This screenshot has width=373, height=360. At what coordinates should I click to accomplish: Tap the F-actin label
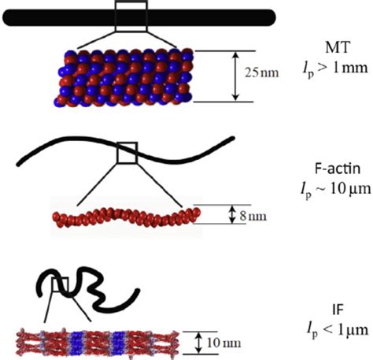pyautogui.click(x=338, y=169)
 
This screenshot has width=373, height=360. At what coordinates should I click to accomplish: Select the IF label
pyautogui.click(x=338, y=310)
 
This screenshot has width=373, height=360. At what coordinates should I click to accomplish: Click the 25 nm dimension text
pyautogui.click(x=262, y=72)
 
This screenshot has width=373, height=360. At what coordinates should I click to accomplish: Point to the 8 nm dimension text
pyautogui.click(x=253, y=216)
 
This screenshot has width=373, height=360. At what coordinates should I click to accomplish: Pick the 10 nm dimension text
pyautogui.click(x=223, y=343)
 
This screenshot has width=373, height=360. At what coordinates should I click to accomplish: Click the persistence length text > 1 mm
pyautogui.click(x=335, y=69)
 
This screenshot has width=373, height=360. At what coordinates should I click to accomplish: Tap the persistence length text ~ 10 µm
pyautogui.click(x=336, y=190)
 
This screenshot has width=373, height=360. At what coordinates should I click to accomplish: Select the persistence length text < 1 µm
pyautogui.click(x=338, y=330)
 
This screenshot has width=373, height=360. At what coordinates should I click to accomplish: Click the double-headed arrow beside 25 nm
pyautogui.click(x=236, y=76)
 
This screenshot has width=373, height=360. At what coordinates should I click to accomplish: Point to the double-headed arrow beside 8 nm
pyautogui.click(x=231, y=214)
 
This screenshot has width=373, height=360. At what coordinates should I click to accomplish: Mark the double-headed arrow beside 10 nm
pyautogui.click(x=199, y=343)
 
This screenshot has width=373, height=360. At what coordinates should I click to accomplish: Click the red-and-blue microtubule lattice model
pyautogui.click(x=124, y=78)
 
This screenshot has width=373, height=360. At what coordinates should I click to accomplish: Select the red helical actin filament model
pyautogui.click(x=127, y=217)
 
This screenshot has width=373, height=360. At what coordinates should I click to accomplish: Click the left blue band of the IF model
pyautogui.click(x=77, y=343)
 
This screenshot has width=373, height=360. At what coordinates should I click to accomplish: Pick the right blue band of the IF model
pyautogui.click(x=119, y=343)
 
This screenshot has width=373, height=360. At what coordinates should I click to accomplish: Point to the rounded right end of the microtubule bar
pyautogui.click(x=271, y=17)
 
